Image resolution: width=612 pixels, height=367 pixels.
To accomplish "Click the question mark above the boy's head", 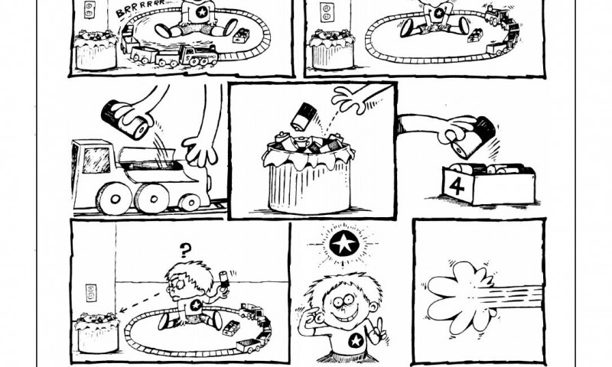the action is pos(186,250).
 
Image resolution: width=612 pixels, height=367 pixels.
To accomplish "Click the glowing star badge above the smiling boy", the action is pos(343,244).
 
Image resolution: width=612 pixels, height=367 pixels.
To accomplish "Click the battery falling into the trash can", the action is pos(303,115).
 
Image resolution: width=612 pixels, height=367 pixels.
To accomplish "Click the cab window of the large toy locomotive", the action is pos(96,160).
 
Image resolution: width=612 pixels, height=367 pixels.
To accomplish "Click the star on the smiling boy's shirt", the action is pos(356,341).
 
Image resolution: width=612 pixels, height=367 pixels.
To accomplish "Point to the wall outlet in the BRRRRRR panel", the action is pos(90,9).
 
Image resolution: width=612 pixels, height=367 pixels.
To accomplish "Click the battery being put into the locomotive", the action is pos(125,119).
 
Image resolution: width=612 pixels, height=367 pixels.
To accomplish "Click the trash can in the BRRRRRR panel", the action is pos(96,50).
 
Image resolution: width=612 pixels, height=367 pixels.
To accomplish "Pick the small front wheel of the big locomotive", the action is pos(190,203).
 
